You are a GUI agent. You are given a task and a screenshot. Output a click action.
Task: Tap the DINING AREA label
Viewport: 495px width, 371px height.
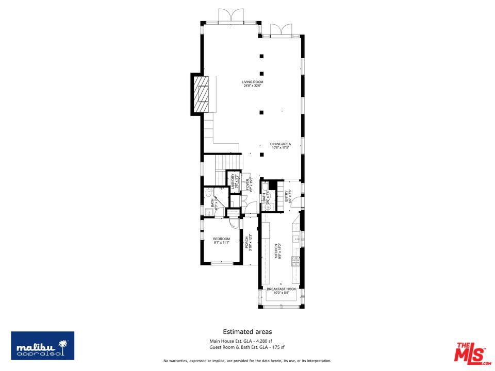(280, 146)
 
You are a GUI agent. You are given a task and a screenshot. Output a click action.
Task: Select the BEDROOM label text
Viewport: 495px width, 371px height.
(221, 241)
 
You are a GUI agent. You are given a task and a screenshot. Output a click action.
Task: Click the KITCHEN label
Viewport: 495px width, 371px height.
(277, 251)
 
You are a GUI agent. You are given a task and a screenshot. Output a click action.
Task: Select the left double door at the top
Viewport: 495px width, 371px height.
(230, 15)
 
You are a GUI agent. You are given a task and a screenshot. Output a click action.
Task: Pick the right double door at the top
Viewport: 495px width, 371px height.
(282, 30)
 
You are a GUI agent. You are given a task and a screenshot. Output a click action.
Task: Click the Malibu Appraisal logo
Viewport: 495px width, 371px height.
(43, 346)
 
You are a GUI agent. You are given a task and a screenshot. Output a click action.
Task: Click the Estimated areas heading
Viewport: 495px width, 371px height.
(247, 332)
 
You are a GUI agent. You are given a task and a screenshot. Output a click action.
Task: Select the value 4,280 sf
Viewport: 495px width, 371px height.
(274, 341)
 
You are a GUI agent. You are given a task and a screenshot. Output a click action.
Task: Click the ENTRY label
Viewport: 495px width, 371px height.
(288, 196)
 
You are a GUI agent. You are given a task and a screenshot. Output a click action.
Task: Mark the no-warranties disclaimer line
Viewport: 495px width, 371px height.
(247, 360)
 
